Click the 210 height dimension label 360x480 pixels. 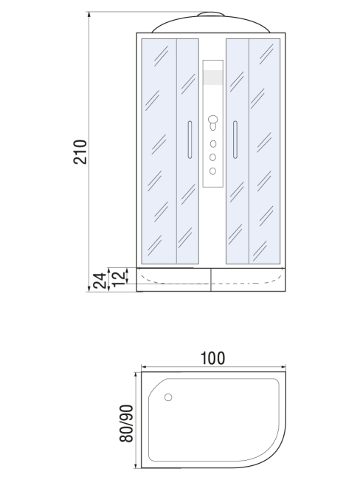80,152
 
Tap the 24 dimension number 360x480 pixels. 100,281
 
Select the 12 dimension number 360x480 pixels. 120,277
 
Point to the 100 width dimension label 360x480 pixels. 212,358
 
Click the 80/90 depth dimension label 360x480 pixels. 126,423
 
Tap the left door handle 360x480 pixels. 190,140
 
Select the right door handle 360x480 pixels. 235,140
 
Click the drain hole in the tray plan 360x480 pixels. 168,397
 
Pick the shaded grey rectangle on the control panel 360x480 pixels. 213,77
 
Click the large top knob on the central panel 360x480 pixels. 213,119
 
